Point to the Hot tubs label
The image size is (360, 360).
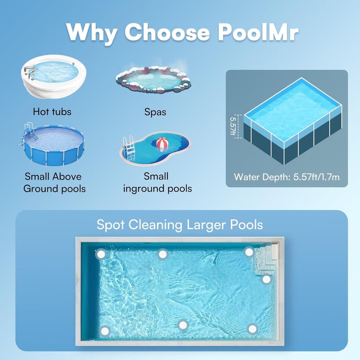[52, 112]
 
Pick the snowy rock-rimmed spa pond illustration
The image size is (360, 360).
[153, 80]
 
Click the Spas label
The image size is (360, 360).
[155, 112]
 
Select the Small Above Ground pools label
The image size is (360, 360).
[54, 183]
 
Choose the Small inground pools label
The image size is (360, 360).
[157, 183]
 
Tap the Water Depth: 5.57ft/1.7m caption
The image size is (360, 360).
[286, 177]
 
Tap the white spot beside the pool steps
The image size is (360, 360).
[266, 279]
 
